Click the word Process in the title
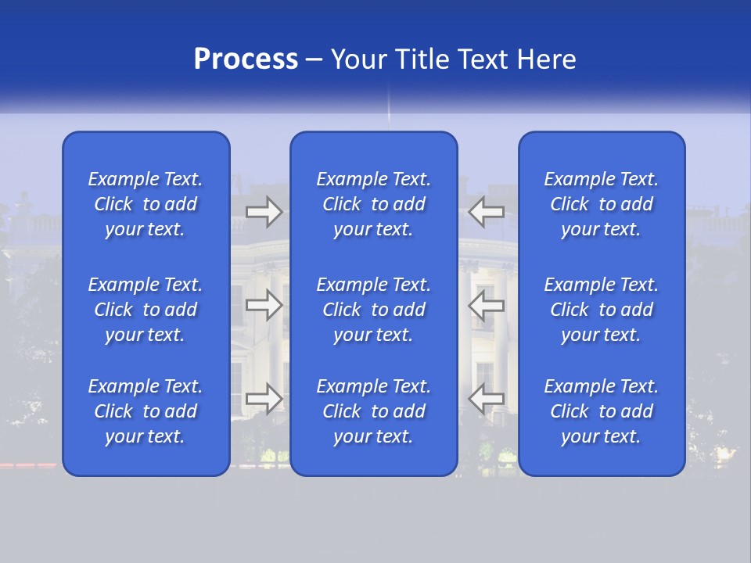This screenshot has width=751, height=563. coord(246,59)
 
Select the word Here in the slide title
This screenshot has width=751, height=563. coord(547,59)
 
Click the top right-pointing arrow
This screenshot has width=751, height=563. coord(264,210)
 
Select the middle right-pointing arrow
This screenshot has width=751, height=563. coord(264,305)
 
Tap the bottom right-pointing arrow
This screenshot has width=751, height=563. coord(264,398)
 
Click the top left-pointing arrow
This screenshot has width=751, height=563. coord(487,210)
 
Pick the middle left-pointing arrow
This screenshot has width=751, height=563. coord(487,305)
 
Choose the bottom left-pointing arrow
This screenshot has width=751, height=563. coord(487,398)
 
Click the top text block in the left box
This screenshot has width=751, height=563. coord(146,204)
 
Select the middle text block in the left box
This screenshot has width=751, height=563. coord(146,310)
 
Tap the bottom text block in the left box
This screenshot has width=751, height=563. coord(146,411)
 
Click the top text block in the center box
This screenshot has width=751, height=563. coord(374,204)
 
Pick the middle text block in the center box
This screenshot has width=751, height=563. coord(374,310)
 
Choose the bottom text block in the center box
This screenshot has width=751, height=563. coord(374,411)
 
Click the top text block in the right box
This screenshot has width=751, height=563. coord(602,204)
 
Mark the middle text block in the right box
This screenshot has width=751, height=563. coord(602,310)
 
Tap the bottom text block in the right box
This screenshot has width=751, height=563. coord(602,411)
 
